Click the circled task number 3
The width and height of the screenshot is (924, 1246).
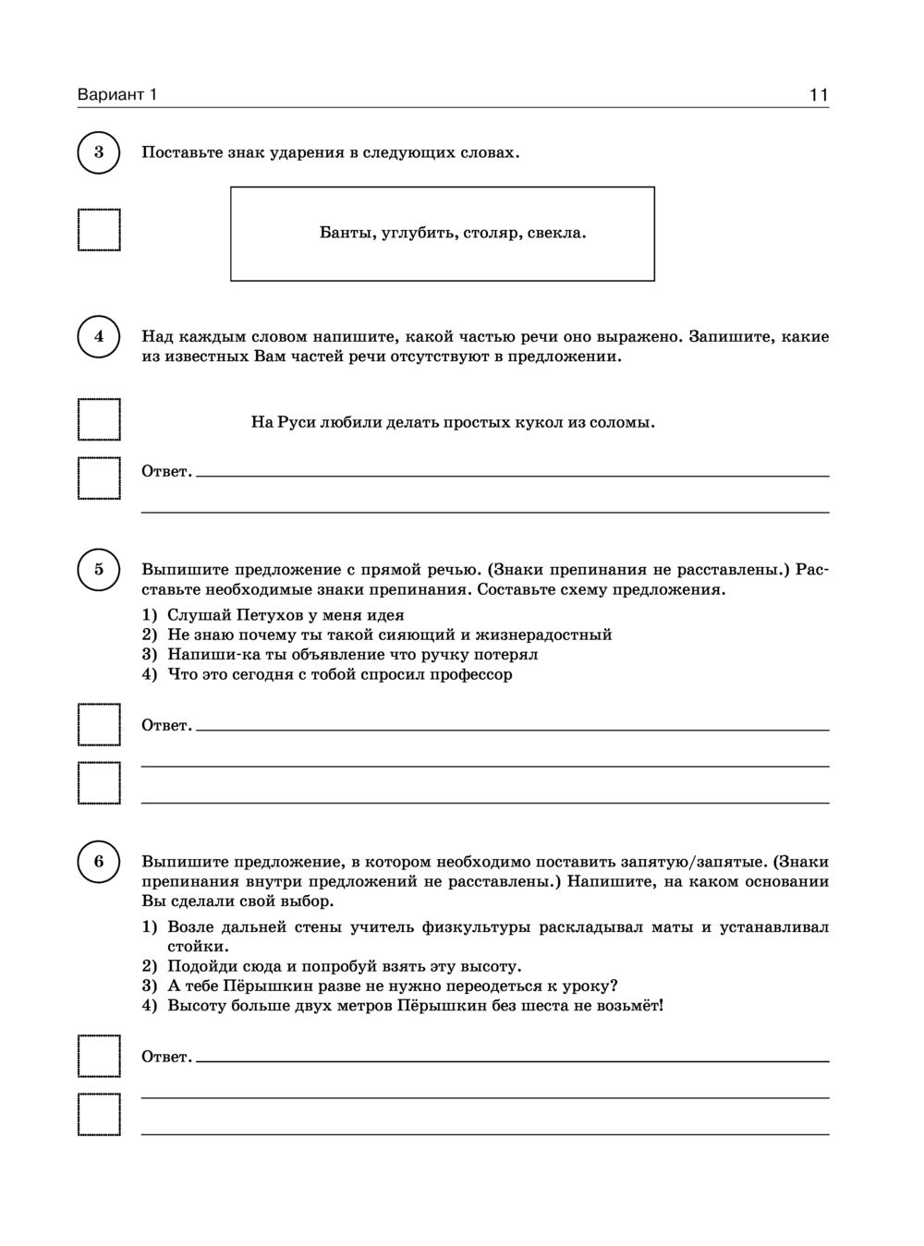pos(99,152)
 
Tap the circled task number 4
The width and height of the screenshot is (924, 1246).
pos(99,337)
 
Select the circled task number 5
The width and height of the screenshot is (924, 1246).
pos(99,569)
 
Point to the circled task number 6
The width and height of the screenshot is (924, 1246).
pos(99,862)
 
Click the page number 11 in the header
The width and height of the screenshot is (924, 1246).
pos(818,95)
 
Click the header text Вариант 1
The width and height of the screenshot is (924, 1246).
pos(117,95)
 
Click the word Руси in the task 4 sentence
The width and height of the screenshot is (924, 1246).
pos(296,422)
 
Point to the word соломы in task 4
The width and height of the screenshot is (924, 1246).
pos(621,422)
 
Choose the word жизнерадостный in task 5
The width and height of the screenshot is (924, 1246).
pos(549,635)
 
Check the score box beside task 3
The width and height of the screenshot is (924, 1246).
pos(99,230)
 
